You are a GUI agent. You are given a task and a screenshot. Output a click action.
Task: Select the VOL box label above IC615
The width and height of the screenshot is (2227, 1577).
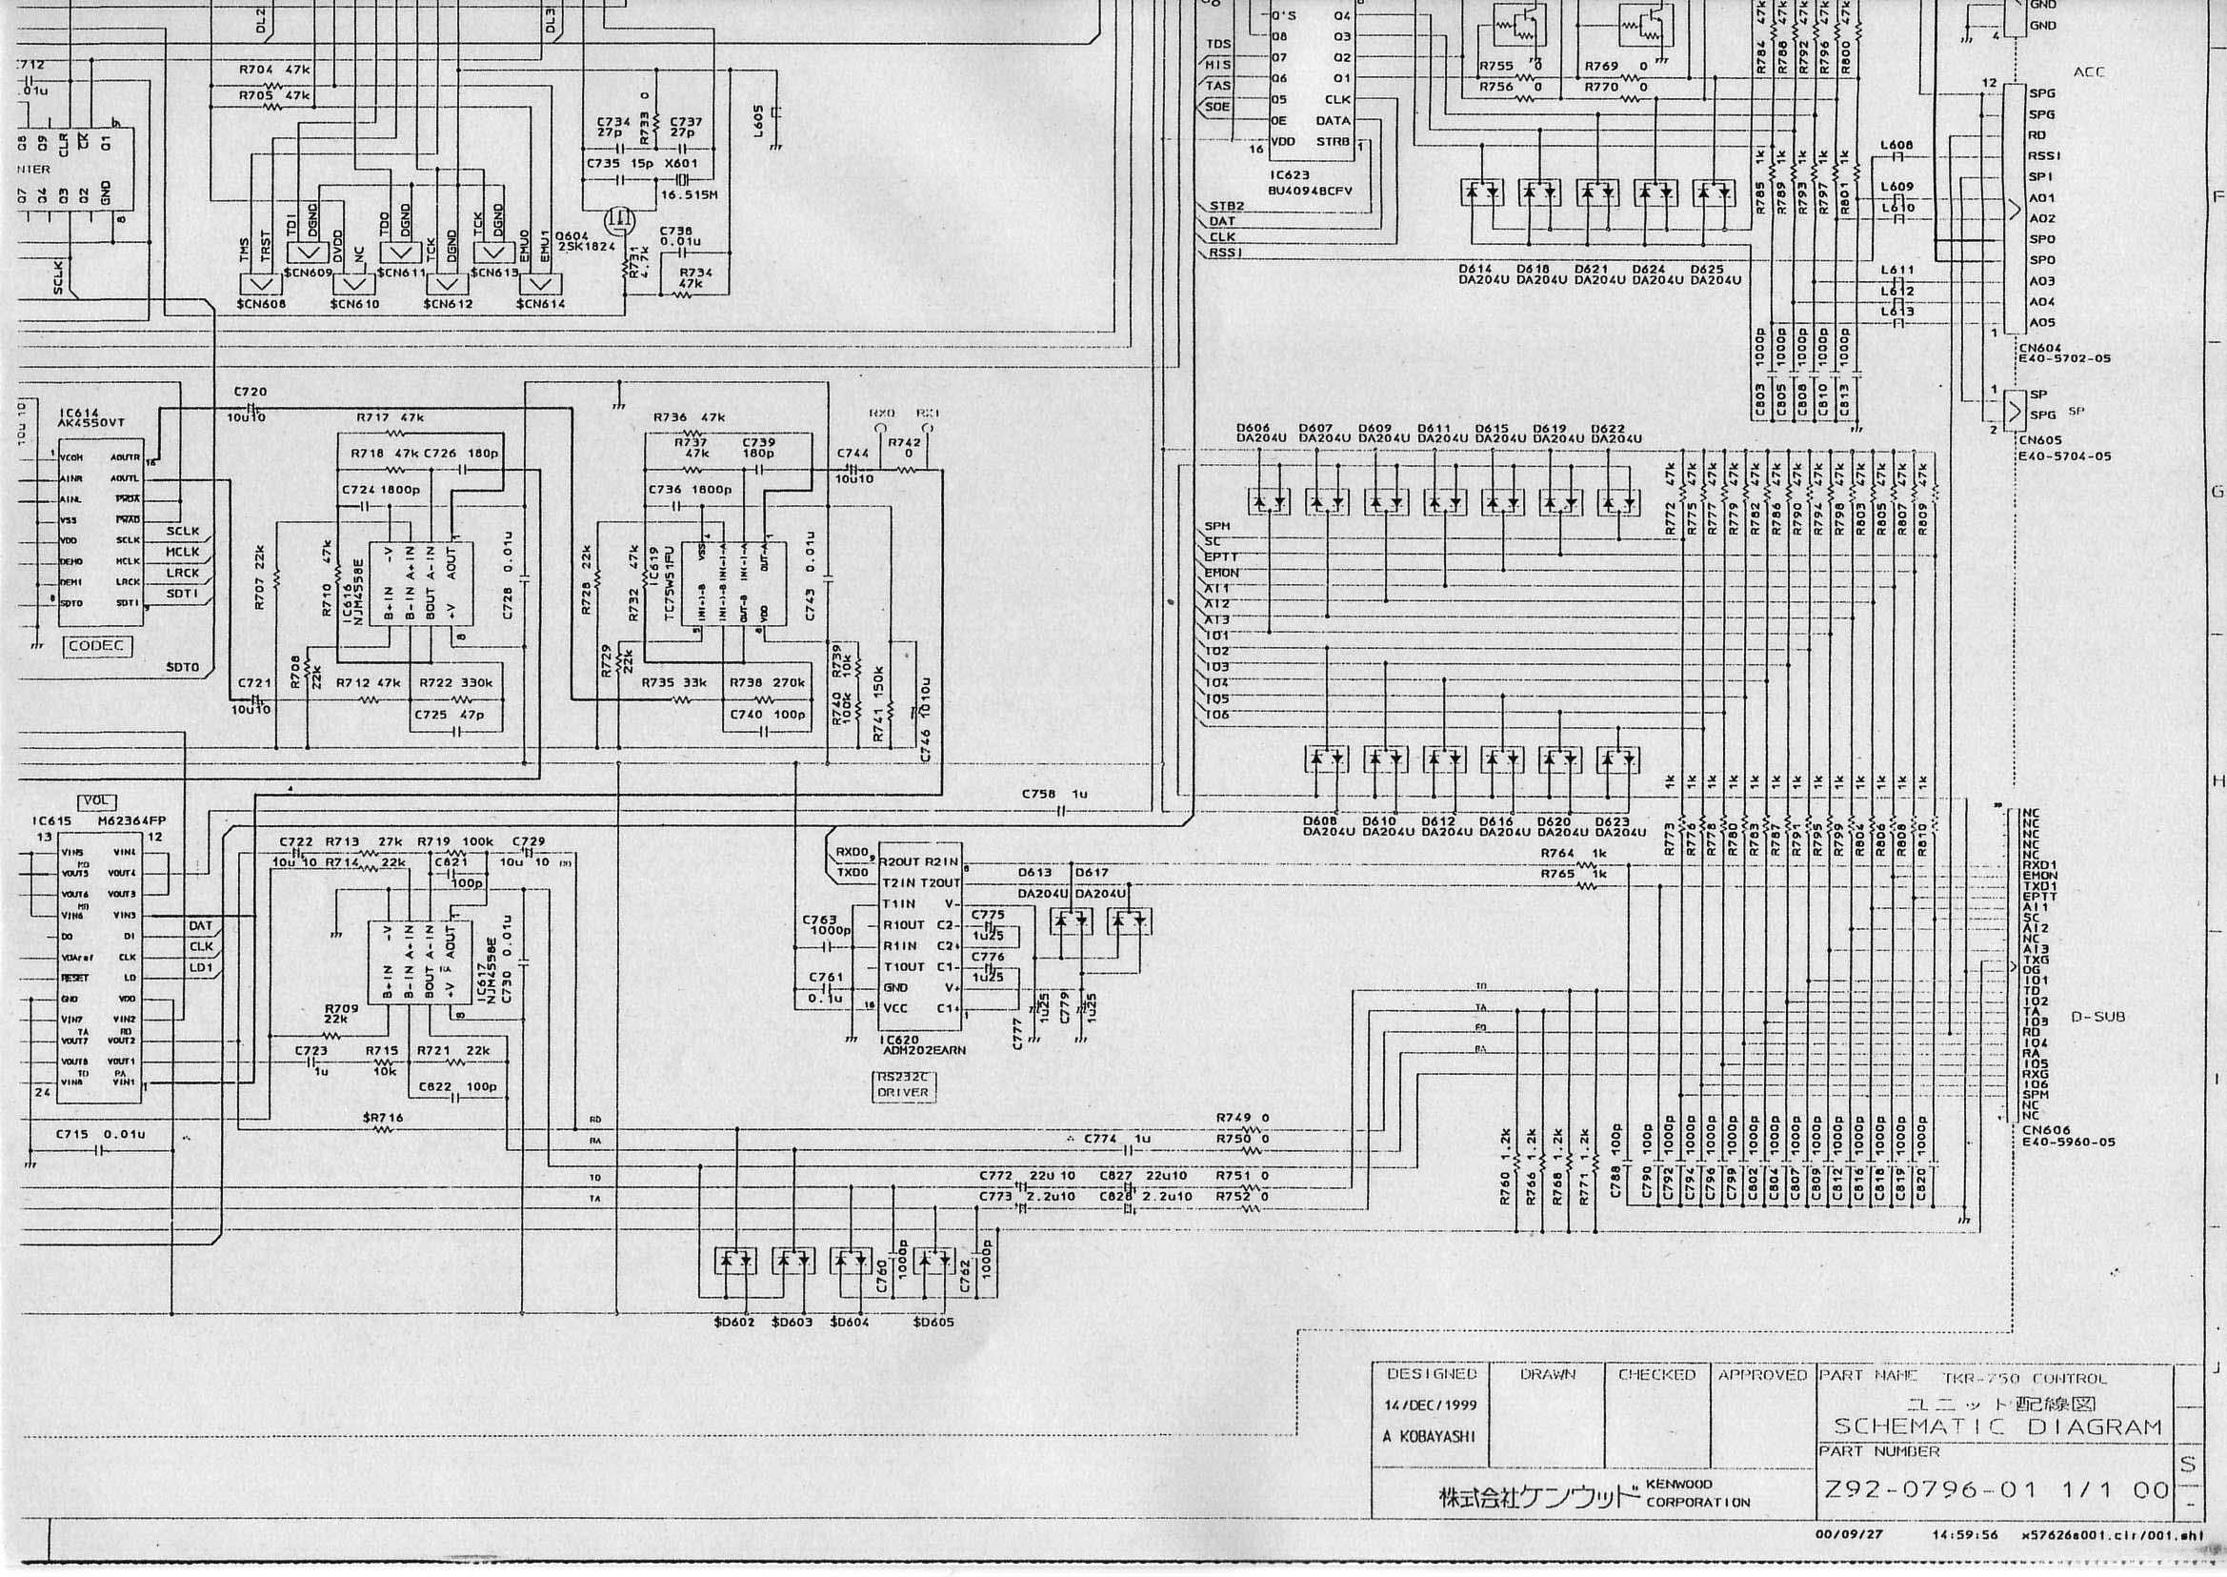click(x=99, y=802)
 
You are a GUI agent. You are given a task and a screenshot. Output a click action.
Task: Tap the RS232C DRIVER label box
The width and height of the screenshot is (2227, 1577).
click(x=903, y=1083)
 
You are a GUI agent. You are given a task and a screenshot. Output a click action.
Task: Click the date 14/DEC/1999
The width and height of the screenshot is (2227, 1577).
click(x=1430, y=1405)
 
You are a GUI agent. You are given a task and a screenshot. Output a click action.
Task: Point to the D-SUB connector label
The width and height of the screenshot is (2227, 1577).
click(x=2097, y=1017)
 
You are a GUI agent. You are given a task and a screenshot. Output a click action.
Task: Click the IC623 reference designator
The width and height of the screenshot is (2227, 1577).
click(x=1289, y=175)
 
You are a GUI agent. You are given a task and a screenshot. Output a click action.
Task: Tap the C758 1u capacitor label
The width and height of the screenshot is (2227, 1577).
click(x=1054, y=795)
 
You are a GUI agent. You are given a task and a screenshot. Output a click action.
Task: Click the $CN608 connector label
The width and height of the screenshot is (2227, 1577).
click(x=261, y=304)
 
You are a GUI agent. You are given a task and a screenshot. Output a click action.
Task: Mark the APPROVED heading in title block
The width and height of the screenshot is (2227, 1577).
click(x=1762, y=1375)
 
